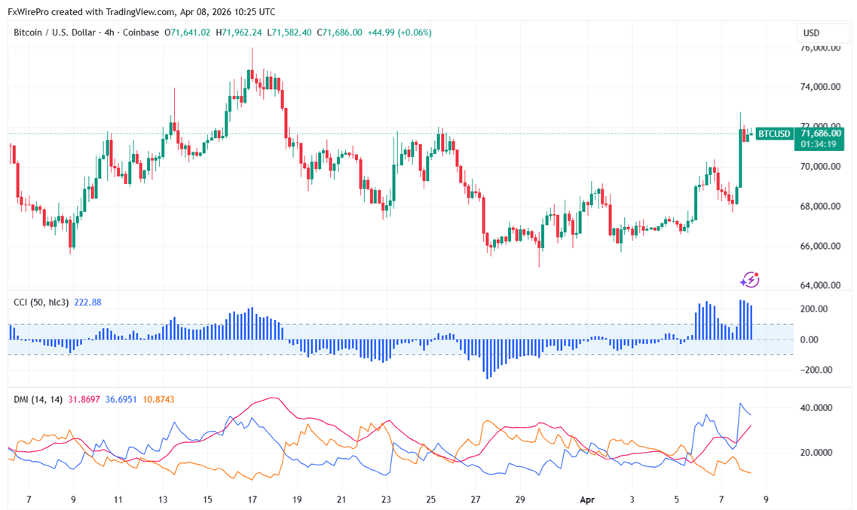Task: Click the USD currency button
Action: (x=812, y=33)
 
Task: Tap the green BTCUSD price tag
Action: (x=774, y=134)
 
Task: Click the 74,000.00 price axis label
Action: (x=819, y=87)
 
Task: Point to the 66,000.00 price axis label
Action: (x=819, y=246)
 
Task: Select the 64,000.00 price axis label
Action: (x=819, y=285)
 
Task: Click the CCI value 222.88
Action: (x=87, y=303)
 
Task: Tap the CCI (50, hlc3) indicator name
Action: (x=41, y=303)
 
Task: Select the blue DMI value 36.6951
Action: (x=121, y=399)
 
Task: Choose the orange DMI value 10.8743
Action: (x=158, y=399)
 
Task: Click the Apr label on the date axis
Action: (x=588, y=499)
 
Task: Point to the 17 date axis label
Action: (x=253, y=499)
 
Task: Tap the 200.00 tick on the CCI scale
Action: (x=814, y=309)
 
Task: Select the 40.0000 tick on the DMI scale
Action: (x=816, y=408)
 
